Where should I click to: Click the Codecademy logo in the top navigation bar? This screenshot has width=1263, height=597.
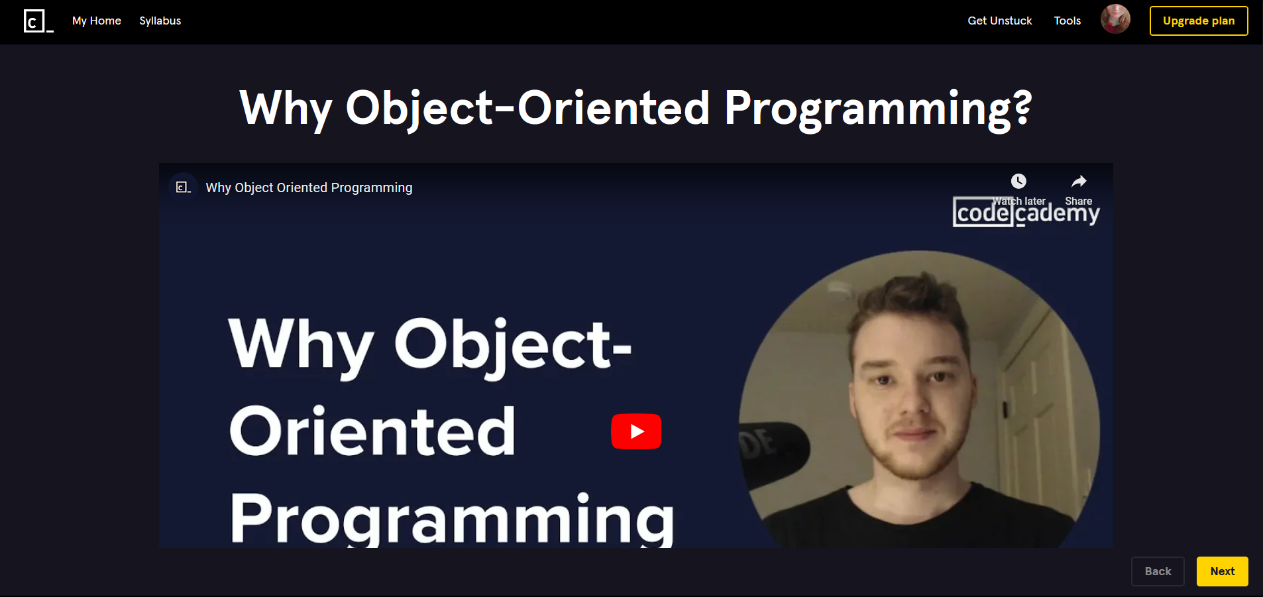pyautogui.click(x=38, y=21)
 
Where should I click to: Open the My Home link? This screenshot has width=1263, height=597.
pyautogui.click(x=97, y=21)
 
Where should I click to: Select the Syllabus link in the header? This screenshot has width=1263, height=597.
pyautogui.click(x=160, y=21)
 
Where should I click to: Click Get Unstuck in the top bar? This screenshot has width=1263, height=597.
pyautogui.click(x=999, y=21)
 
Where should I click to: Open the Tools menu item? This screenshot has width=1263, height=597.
pyautogui.click(x=1067, y=21)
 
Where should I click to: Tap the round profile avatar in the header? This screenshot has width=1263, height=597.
pyautogui.click(x=1115, y=19)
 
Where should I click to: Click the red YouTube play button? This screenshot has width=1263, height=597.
pyautogui.click(x=636, y=431)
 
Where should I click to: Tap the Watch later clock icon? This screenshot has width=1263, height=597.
pyautogui.click(x=1018, y=182)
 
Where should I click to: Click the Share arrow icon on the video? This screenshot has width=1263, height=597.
pyautogui.click(x=1079, y=182)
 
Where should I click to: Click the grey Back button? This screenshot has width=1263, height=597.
pyautogui.click(x=1157, y=571)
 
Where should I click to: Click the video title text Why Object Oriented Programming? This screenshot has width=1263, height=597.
pyautogui.click(x=309, y=188)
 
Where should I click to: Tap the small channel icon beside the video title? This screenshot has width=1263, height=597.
pyautogui.click(x=183, y=188)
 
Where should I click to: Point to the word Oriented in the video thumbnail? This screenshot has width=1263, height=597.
pyautogui.click(x=372, y=432)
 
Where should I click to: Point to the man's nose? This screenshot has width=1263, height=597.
pyautogui.click(x=912, y=398)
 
